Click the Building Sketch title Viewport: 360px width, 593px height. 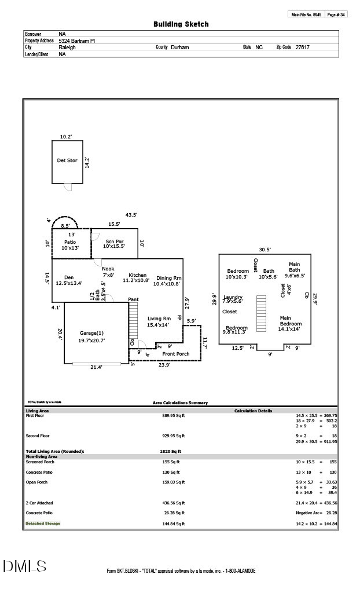(181, 24)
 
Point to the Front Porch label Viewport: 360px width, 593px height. (175, 354)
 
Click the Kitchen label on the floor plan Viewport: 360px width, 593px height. (137, 275)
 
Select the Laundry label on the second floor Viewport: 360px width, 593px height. (233, 297)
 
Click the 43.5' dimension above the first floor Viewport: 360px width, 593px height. (131, 215)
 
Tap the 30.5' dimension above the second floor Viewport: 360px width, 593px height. (265, 250)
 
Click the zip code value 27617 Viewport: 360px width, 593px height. (302, 47)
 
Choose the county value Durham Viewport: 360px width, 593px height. (180, 47)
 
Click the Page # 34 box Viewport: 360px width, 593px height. (336, 14)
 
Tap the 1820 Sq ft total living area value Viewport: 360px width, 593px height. (171, 451)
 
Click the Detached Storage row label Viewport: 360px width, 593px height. (42, 524)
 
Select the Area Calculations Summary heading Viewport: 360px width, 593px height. (180, 402)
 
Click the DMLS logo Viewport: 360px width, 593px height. (24, 566)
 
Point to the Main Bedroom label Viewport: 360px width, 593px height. (290, 321)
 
